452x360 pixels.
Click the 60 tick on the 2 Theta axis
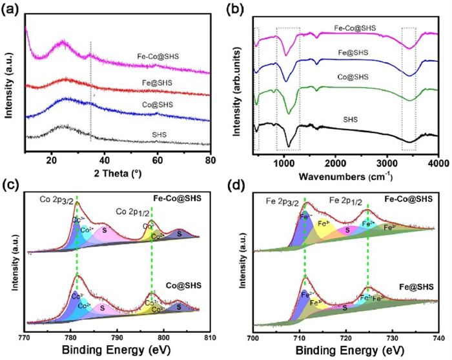158,159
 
